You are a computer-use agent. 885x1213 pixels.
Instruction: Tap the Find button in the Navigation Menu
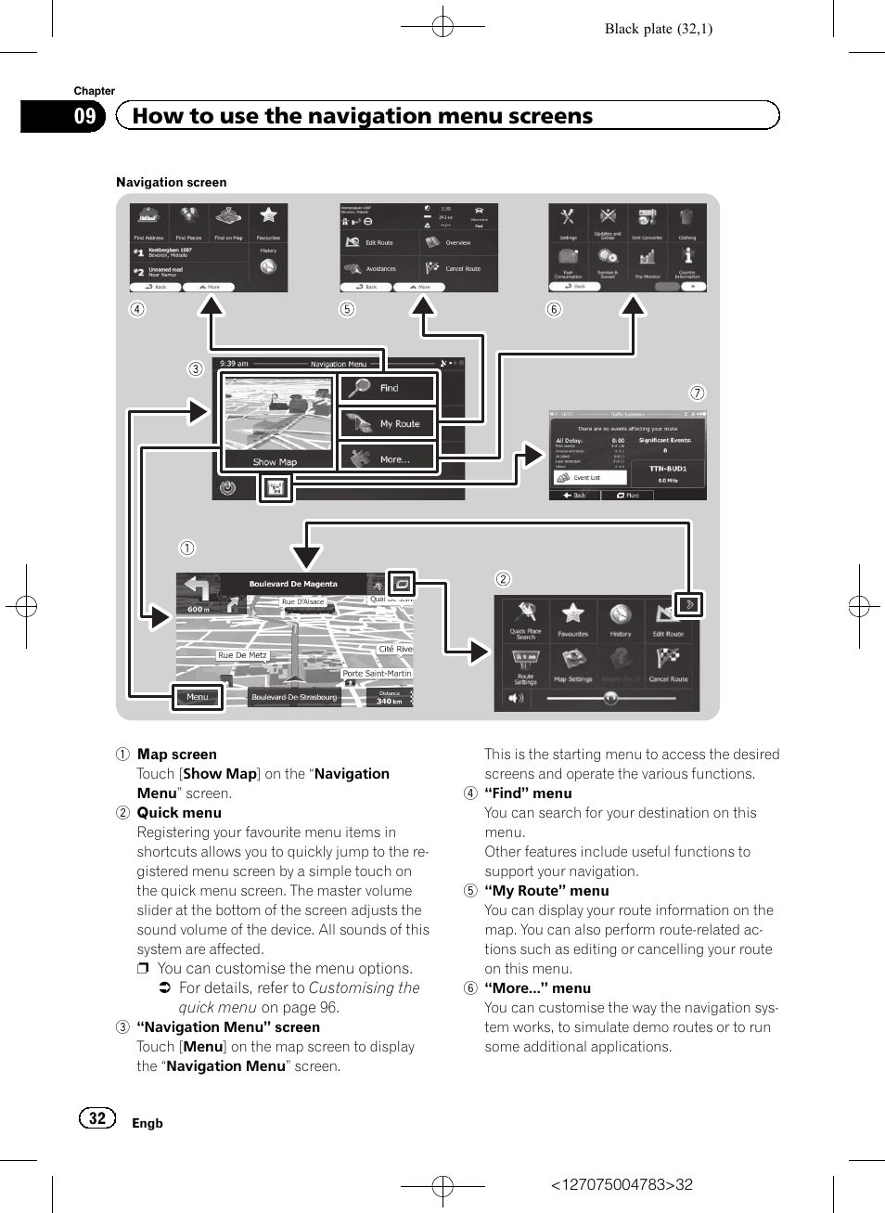coord(388,388)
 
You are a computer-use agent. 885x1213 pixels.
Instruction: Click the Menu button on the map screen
coord(198,697)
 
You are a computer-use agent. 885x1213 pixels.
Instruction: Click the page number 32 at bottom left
coord(97,1118)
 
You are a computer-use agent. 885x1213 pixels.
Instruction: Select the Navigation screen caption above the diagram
coord(172,183)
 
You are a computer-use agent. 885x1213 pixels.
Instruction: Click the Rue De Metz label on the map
coord(242,655)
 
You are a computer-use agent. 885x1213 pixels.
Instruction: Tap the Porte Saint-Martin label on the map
coord(377,674)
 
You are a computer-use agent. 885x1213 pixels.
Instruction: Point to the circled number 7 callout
coord(698,393)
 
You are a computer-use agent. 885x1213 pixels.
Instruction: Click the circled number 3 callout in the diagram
coord(196,368)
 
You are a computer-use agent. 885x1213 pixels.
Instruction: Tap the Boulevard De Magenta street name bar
coord(293,584)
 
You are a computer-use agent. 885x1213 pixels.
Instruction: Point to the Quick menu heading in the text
coord(179,813)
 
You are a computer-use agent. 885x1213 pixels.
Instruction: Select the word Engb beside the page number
coord(147,1123)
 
